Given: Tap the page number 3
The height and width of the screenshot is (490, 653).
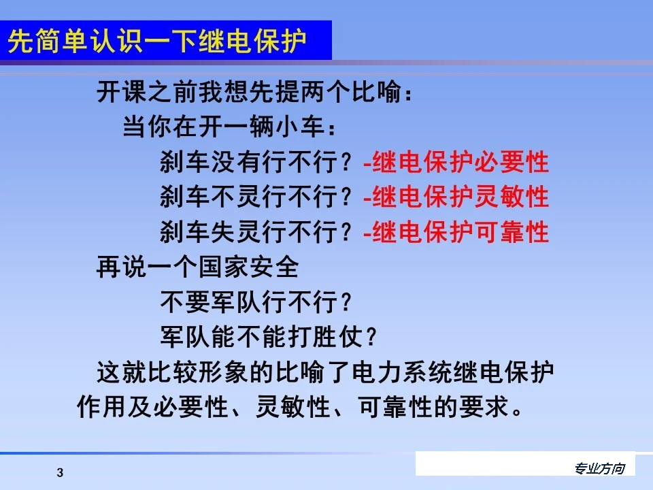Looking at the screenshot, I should point(60,473).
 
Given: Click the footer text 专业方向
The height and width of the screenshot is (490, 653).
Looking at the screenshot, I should point(599,468).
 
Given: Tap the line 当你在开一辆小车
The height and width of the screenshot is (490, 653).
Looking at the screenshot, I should point(229,128).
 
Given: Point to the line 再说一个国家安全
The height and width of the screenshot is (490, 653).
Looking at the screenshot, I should point(197,267).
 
